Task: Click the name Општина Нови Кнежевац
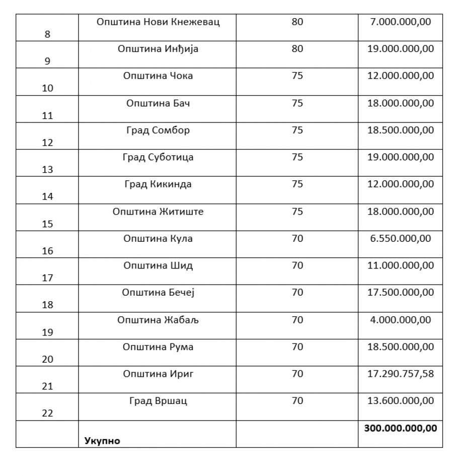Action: coord(158,22)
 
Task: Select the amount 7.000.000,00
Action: coord(401,22)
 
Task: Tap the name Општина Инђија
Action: coord(158,49)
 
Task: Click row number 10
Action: coord(47,88)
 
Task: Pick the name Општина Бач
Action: coord(158,103)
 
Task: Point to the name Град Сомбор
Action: coord(158,130)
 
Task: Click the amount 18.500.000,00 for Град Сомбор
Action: coord(401,130)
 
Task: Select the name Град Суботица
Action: coord(158,157)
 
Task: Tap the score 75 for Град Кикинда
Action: coord(297,184)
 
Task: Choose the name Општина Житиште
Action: coord(158,212)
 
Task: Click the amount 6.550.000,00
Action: coord(401,239)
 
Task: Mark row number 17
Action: coord(47,278)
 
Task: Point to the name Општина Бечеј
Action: coord(158,293)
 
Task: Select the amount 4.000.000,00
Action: coord(401,320)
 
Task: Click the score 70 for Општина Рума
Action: coord(297,347)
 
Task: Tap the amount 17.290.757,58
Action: coord(401,374)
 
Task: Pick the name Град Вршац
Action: coord(158,401)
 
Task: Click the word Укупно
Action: coord(102,441)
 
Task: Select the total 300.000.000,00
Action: coord(401,428)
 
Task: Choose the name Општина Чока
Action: coord(158,76)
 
